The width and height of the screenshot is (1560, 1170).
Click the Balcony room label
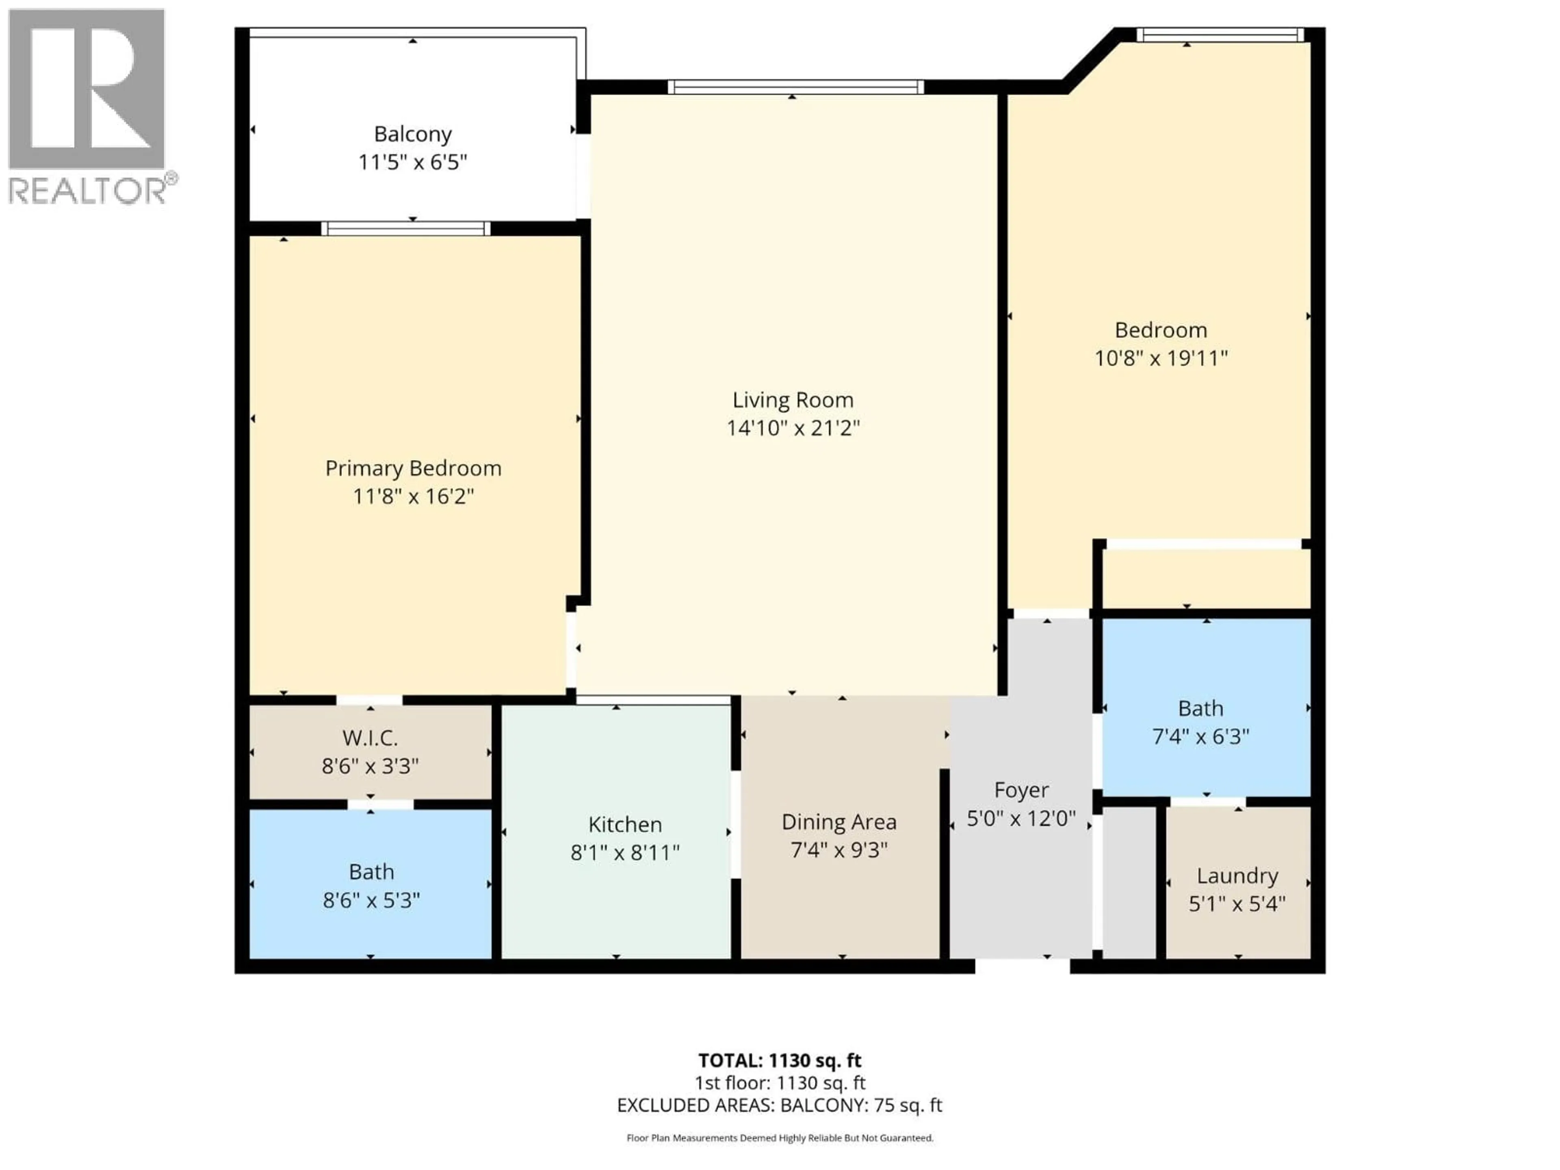click(x=413, y=134)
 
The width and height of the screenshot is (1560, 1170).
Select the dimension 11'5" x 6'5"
click(x=413, y=162)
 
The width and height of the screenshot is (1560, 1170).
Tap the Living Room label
click(x=793, y=400)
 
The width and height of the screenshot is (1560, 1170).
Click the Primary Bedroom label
click(x=413, y=468)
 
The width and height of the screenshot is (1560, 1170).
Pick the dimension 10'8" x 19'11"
click(x=1161, y=358)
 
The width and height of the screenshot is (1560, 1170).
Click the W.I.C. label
click(x=370, y=738)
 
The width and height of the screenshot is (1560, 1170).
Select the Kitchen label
click(x=625, y=824)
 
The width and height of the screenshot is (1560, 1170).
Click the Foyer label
click(x=1021, y=790)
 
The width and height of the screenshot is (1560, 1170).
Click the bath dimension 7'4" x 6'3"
click(x=1200, y=736)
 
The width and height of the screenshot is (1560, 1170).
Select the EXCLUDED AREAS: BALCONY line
click(x=779, y=1105)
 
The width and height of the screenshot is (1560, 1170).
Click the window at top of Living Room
click(x=795, y=87)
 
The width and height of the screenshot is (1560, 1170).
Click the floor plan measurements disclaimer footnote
click(x=779, y=1137)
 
